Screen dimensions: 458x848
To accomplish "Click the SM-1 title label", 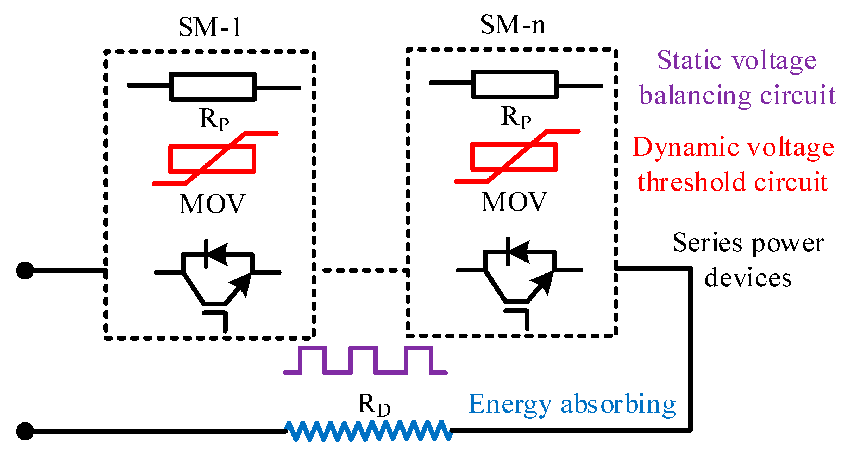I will tap(210, 27).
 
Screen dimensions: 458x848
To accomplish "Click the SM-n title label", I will tap(513, 25).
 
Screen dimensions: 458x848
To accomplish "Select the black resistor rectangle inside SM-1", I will tap(213, 86).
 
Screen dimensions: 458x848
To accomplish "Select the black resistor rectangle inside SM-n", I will tap(515, 84).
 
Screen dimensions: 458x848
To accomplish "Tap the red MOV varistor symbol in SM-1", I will tap(213, 159).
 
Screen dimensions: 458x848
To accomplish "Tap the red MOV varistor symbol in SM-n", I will tap(515, 157).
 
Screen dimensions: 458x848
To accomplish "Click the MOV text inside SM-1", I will tap(212, 204).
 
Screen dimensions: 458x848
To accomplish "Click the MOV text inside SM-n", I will tap(514, 202).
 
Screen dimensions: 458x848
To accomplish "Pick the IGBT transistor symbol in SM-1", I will tap(218, 278).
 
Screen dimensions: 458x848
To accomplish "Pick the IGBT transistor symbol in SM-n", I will tap(520, 276).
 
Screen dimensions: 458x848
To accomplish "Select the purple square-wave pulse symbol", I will tap(365, 361).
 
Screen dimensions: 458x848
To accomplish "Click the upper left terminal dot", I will tap(25, 271).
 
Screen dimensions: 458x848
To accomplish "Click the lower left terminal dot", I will tap(25, 431).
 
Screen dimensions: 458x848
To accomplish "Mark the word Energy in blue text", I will tap(510, 405).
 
